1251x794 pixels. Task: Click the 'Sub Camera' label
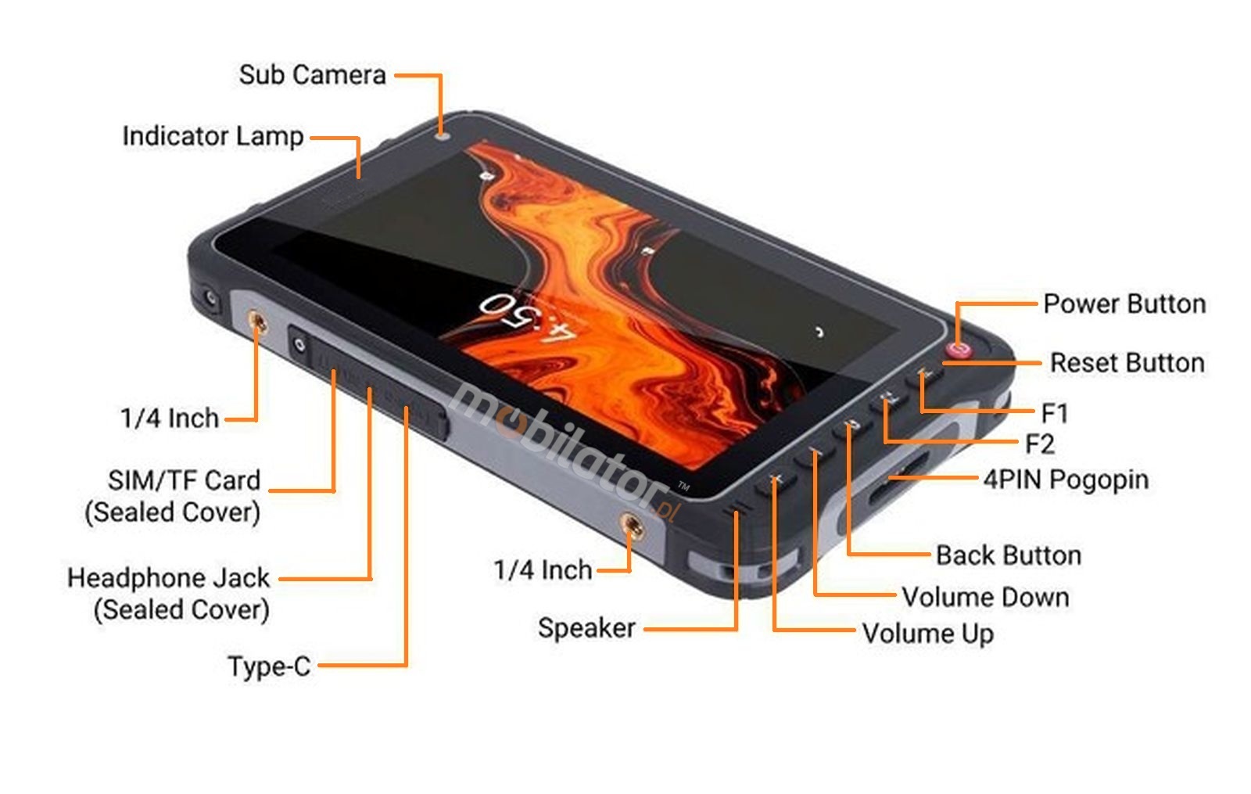pyautogui.click(x=312, y=75)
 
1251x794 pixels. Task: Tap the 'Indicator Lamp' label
pyautogui.click(x=213, y=136)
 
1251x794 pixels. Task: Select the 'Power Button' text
pyautogui.click(x=1124, y=304)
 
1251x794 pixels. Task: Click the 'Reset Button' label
pyautogui.click(x=1126, y=363)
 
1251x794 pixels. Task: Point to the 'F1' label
pyautogui.click(x=1054, y=413)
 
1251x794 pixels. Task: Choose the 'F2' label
pyautogui.click(x=1039, y=444)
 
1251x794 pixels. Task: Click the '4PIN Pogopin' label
pyautogui.click(x=1066, y=480)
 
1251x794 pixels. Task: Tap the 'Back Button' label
pyautogui.click(x=1008, y=555)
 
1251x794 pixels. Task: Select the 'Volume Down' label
pyautogui.click(x=985, y=598)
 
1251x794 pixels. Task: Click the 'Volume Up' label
pyautogui.click(x=927, y=634)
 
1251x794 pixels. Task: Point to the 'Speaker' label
pyautogui.click(x=586, y=628)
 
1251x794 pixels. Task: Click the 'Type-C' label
pyautogui.click(x=269, y=666)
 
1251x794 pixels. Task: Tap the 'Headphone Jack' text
pyautogui.click(x=168, y=578)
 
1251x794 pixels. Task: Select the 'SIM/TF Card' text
pyautogui.click(x=184, y=480)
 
